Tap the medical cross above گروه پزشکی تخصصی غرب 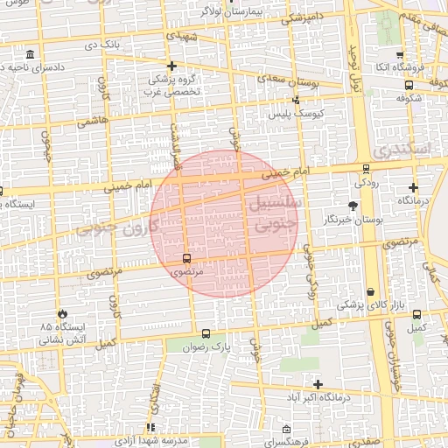click(x=172, y=66)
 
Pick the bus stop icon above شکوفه click(x=409, y=85)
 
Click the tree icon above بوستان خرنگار click(x=353, y=206)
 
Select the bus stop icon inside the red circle click(x=186, y=258)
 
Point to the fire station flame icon click(x=62, y=313)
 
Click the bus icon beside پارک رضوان click(x=206, y=333)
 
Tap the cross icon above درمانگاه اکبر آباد click(x=318, y=384)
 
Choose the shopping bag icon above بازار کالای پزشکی click(x=371, y=291)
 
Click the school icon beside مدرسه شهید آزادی click(x=150, y=429)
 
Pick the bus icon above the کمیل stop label click(x=416, y=314)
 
